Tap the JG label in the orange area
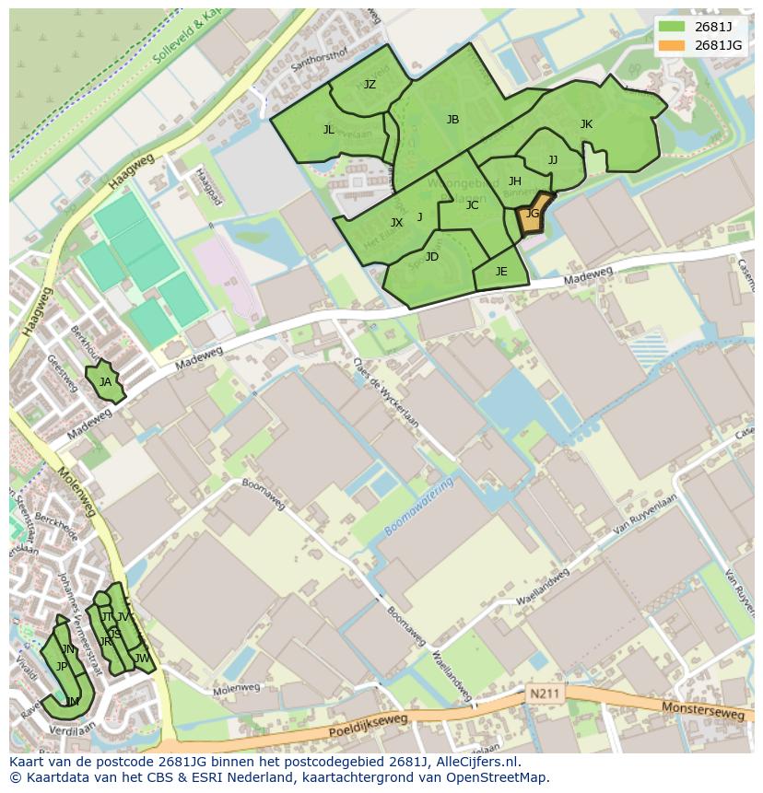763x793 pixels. click(532, 214)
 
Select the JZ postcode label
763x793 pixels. click(370, 85)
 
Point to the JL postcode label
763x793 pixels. click(329, 130)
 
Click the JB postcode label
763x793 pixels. click(452, 120)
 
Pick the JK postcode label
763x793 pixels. click(586, 124)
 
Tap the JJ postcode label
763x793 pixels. click(553, 160)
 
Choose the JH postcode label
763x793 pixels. click(515, 181)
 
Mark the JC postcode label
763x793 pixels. click(472, 205)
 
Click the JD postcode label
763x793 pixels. click(432, 257)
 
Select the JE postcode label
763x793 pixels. click(501, 272)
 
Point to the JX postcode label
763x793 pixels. click(396, 223)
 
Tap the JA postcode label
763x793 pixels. click(105, 382)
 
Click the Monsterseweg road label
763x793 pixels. click(700, 710)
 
